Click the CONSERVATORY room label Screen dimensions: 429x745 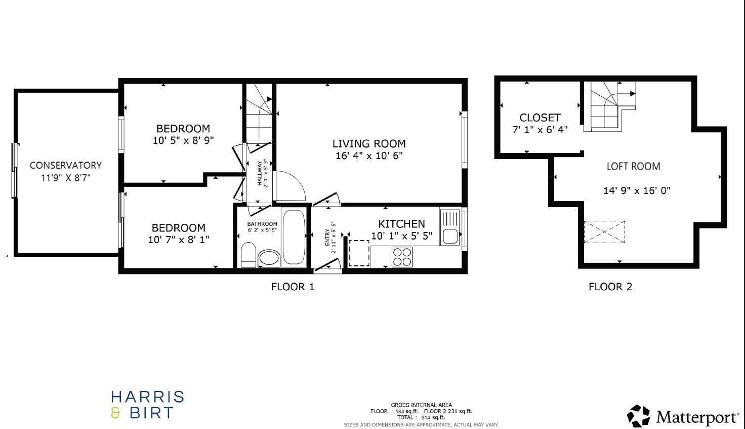(65, 165)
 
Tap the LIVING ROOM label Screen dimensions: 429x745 (369, 144)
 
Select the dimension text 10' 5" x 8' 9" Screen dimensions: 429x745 (183, 140)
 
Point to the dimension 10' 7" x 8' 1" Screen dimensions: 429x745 (178, 240)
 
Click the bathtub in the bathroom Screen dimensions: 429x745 (294, 237)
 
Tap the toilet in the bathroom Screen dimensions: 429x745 (249, 254)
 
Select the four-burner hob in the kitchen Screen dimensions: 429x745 (402, 256)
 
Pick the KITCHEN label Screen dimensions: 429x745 (401, 224)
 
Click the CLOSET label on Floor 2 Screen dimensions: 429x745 (540, 118)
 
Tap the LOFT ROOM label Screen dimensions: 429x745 (633, 166)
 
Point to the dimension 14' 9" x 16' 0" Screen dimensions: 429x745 (637, 191)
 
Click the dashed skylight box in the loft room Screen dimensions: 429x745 (604, 232)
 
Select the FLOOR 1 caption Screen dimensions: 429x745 (293, 287)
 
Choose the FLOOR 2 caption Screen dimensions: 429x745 (610, 287)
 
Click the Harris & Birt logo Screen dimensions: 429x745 (147, 405)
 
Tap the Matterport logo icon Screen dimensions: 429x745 (639, 416)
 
